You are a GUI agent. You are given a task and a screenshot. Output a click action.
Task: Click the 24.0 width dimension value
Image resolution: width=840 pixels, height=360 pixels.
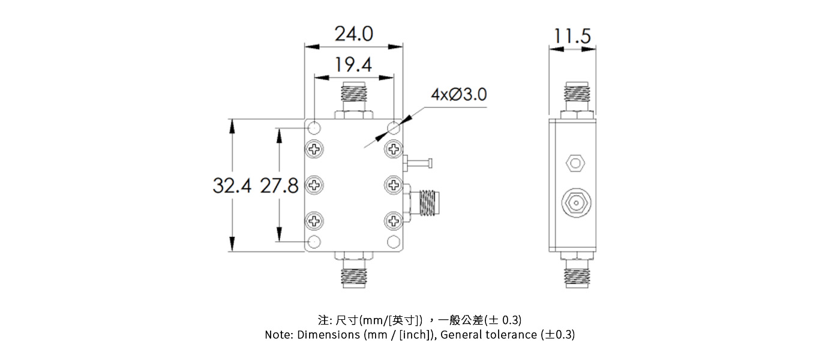353,34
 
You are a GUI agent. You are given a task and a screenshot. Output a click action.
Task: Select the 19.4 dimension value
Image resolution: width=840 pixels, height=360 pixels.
353,64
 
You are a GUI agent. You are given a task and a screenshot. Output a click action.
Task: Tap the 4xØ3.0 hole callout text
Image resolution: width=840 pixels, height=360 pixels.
458,95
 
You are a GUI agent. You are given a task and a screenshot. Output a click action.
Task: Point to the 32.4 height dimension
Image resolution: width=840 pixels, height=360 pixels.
232,186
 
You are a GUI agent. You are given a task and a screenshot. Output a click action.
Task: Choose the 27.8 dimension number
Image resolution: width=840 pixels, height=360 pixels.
279,186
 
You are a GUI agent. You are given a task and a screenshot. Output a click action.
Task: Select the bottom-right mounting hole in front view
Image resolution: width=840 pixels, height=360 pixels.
394,242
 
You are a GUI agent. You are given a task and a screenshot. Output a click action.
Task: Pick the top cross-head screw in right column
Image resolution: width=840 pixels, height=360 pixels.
394,148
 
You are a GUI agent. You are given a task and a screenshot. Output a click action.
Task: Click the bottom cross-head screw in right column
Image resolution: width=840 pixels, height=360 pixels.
394,222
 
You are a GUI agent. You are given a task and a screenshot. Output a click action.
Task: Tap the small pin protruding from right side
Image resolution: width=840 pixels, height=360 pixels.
419,162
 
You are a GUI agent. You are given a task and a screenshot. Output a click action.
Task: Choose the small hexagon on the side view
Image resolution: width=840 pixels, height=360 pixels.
575,162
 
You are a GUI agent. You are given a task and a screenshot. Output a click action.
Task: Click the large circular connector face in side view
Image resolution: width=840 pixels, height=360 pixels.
575,203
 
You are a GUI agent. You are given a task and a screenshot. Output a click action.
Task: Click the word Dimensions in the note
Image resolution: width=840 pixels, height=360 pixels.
329,335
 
